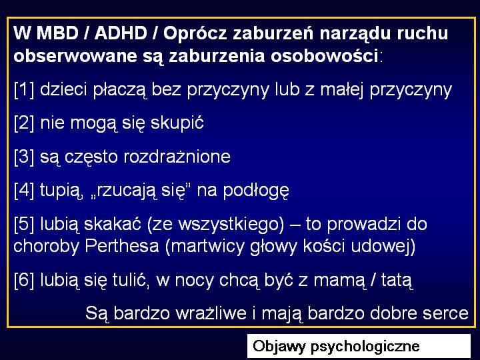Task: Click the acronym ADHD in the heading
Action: click(121, 33)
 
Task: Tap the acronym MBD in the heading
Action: click(57, 33)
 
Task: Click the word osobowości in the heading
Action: click(324, 55)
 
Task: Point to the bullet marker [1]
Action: click(24, 90)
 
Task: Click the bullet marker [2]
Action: click(24, 123)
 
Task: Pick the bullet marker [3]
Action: click(24, 157)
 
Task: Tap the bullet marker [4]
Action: click(24, 190)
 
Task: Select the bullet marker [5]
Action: click(24, 224)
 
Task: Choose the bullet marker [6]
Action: click(24, 280)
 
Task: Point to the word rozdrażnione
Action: click(177, 157)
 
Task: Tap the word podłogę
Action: click(256, 191)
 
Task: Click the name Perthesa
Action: click(122, 246)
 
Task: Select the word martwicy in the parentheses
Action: click(205, 247)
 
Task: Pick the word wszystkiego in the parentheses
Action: click(231, 225)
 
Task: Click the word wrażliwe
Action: click(211, 313)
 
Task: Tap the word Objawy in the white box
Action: click(279, 346)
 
